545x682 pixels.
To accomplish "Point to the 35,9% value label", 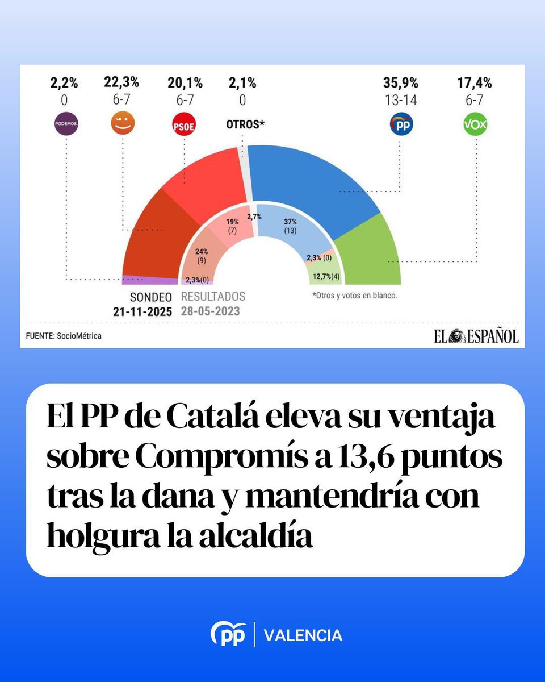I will point(400,83).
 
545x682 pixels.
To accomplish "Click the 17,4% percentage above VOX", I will point(475,83).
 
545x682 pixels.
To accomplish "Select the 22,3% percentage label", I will point(121,83).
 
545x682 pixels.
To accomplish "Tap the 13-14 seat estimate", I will point(400,101).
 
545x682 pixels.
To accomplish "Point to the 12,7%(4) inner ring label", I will point(326,277).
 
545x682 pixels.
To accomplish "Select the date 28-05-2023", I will point(210,311).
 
